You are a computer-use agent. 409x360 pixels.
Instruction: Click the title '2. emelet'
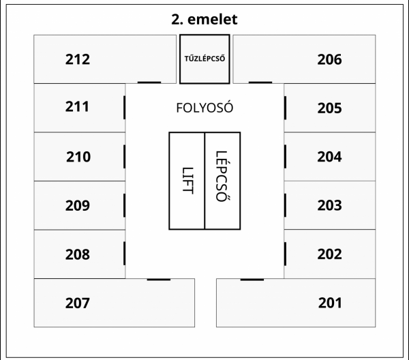pos(204,20)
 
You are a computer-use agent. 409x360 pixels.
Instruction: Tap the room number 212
pos(78,59)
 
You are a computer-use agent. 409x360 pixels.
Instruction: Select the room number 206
pos(329,59)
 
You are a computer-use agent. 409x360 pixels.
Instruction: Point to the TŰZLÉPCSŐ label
pos(204,59)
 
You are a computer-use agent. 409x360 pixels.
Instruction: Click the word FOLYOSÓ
pos(204,108)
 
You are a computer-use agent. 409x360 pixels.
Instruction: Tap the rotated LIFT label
pos(187,181)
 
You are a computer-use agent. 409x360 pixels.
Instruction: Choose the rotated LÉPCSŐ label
pos(223,176)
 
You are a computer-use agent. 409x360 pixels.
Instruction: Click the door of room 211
pos(125,108)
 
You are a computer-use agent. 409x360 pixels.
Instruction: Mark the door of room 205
pos(285,108)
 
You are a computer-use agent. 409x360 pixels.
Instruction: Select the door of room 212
pos(149,82)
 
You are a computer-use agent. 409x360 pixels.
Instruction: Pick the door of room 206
pos(260,82)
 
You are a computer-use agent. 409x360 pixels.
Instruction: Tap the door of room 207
pos(159,280)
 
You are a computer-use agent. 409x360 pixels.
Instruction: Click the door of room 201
pos(252,280)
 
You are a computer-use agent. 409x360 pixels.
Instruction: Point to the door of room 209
pos(125,205)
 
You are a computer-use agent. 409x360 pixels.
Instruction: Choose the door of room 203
pos(285,205)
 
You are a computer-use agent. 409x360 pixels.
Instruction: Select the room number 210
pos(78,157)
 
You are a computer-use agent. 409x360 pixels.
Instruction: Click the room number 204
pos(329,157)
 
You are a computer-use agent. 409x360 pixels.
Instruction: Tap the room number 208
pos(78,254)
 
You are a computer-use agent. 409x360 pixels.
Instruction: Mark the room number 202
pos(329,254)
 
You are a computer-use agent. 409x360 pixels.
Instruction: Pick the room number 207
pos(78,303)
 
